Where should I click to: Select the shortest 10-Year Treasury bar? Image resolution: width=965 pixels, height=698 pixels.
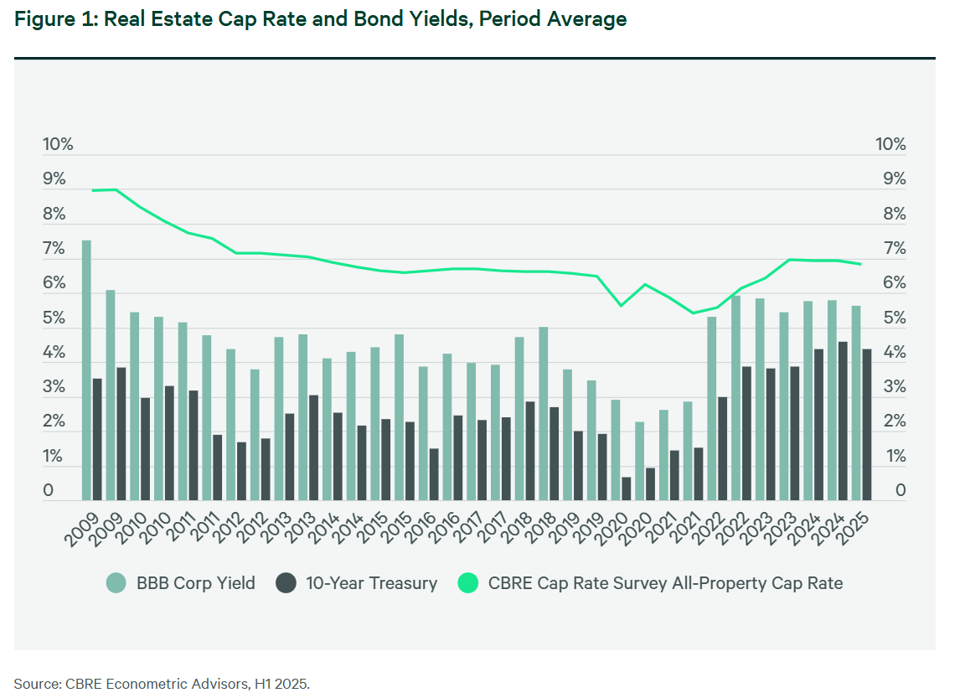(x=626, y=489)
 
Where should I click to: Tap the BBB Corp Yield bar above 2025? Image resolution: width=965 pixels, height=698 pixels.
(x=856, y=403)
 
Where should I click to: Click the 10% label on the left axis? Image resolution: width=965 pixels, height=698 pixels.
(x=58, y=144)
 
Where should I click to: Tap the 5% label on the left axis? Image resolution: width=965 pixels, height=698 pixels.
(x=54, y=318)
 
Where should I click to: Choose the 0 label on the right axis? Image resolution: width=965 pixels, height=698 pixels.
(x=900, y=491)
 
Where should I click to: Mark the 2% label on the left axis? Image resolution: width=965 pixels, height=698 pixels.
(x=54, y=422)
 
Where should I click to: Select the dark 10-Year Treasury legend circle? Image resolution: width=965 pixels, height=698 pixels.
(x=286, y=583)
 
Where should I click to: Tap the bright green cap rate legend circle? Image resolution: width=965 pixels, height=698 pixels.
(x=469, y=583)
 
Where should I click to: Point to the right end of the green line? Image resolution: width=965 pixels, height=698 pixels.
(x=861, y=265)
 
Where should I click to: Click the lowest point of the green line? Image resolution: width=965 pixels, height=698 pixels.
(x=693, y=313)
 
